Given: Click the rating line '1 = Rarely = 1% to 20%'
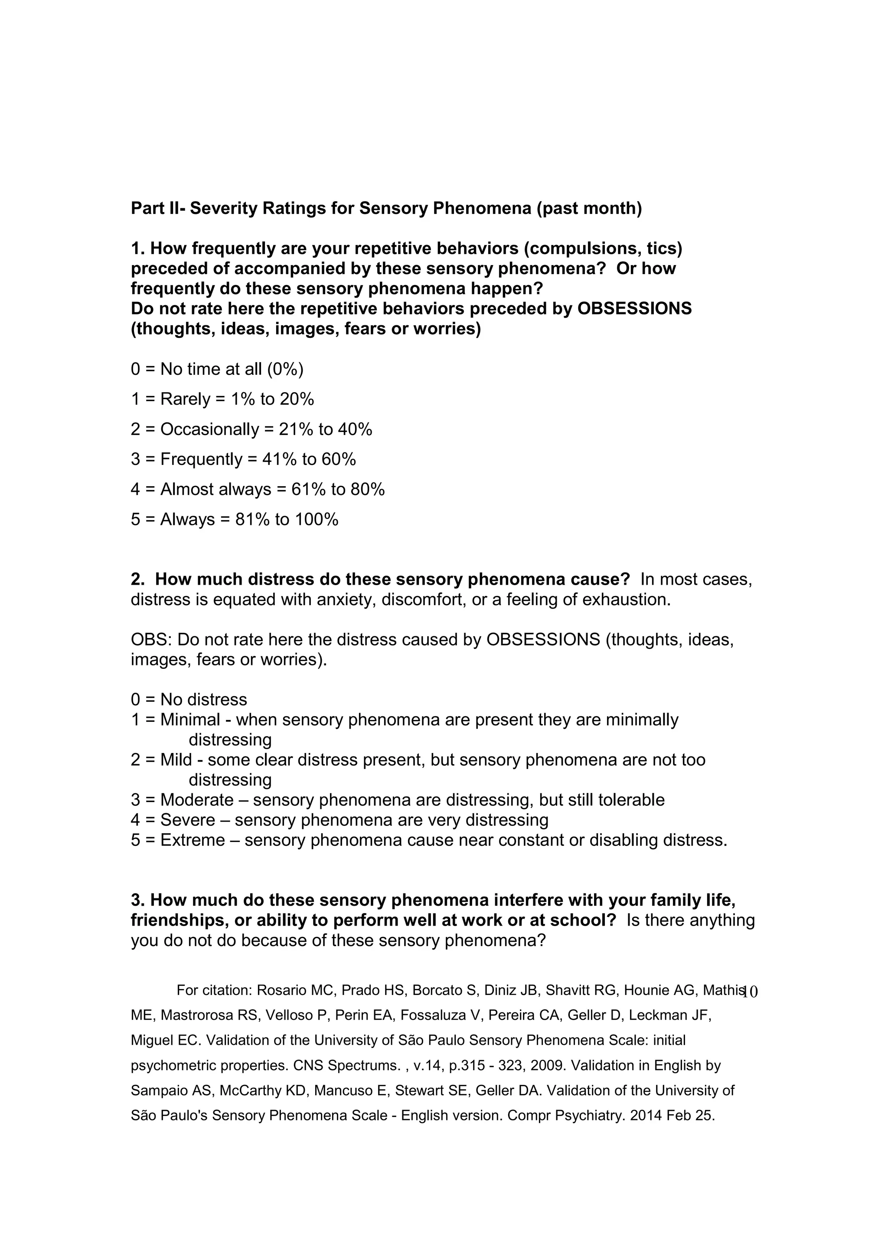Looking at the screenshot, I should [x=222, y=399].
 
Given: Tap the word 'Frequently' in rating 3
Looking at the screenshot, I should [x=201, y=459].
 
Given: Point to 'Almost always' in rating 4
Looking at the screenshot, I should [x=215, y=489].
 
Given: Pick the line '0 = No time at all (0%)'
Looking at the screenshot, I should [x=217, y=370].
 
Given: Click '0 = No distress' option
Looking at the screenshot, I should [x=189, y=700].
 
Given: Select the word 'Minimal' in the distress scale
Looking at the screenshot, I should [x=190, y=720].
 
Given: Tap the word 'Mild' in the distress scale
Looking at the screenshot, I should [x=176, y=760].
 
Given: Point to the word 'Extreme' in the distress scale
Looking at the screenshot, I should [x=192, y=840].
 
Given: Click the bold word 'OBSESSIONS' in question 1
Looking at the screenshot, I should [x=634, y=309].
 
